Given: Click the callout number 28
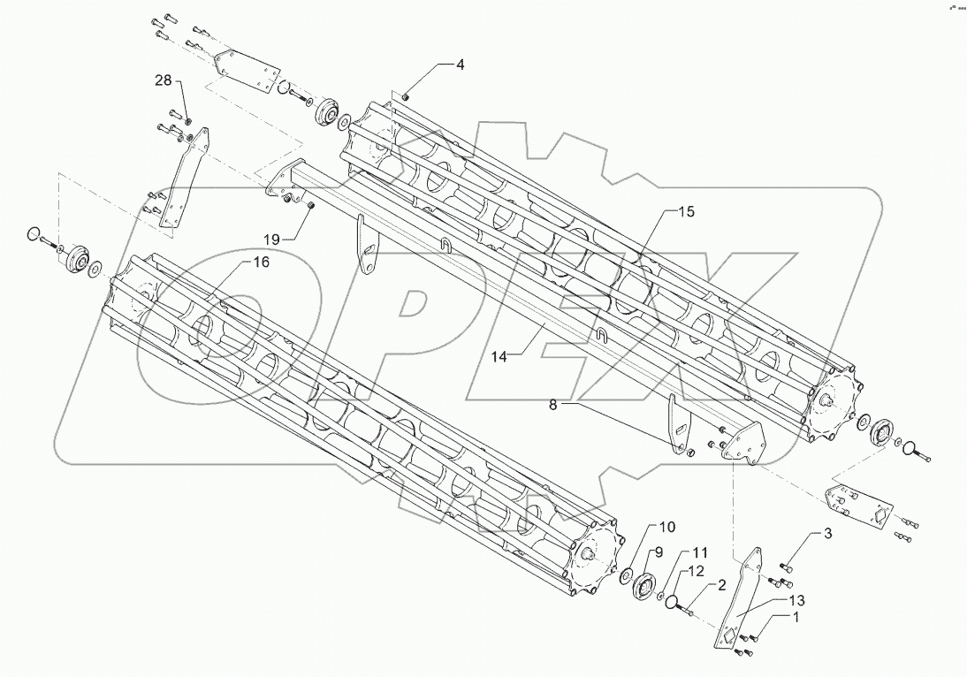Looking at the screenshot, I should (164, 80).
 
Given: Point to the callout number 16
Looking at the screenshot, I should (261, 262).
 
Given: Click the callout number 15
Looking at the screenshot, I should (687, 212).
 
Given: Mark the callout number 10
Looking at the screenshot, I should (666, 527).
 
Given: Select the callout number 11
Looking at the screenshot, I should (700, 551).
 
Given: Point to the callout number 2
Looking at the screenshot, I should (721, 585).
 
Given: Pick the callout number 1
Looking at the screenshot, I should (799, 619).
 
